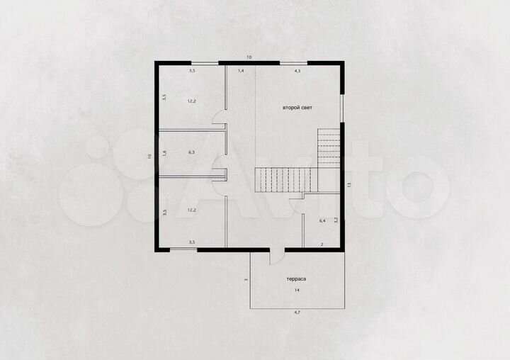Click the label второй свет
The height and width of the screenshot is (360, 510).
pyautogui.click(x=297, y=107)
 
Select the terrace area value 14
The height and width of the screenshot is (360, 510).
pyautogui.click(x=296, y=291)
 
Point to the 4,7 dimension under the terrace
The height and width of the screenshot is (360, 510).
pyautogui.click(x=297, y=312)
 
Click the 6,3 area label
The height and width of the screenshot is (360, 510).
pyautogui.click(x=191, y=152)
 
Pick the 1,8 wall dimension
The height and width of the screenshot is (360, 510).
pyautogui.click(x=164, y=153)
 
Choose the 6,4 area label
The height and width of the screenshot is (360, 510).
pyautogui.click(x=322, y=221)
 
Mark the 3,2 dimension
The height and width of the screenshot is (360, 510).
pyautogui.click(x=336, y=220)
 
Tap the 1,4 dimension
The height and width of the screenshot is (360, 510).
pyautogui.click(x=241, y=71)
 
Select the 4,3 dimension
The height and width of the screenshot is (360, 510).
pyautogui.click(x=297, y=71)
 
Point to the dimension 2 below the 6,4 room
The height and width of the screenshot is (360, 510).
pyautogui.click(x=322, y=244)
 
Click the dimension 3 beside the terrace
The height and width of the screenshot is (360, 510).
pyautogui.click(x=245, y=280)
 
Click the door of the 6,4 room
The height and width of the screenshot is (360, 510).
pyautogui.click(x=297, y=203)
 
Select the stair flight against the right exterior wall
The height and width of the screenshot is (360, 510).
pyautogui.click(x=329, y=147)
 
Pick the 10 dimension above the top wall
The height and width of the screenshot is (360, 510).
pyautogui.click(x=249, y=57)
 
